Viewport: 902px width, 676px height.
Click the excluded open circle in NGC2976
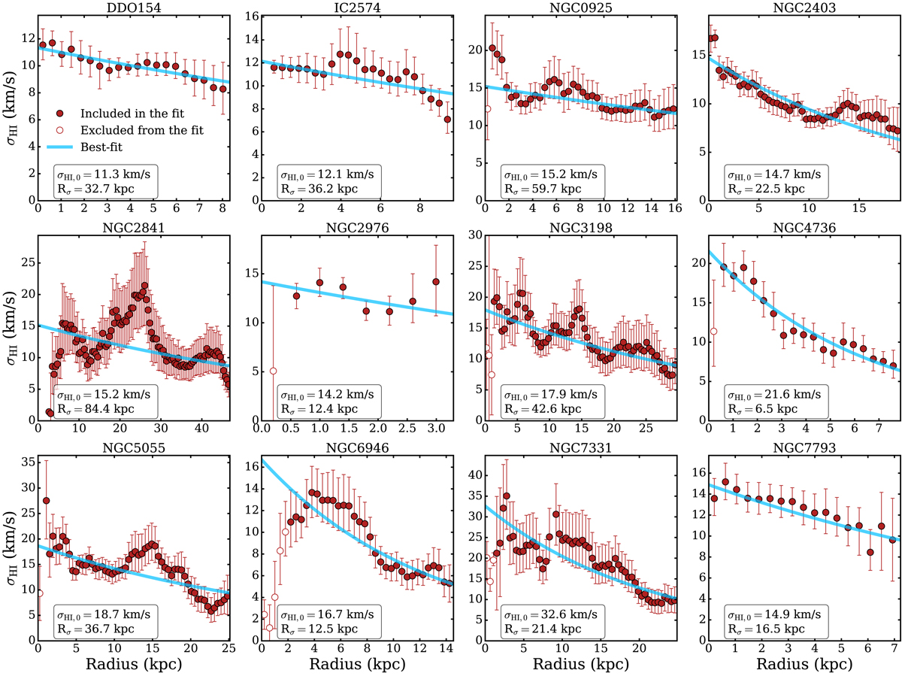click(x=274, y=371)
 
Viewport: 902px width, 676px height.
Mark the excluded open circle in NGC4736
click(x=713, y=331)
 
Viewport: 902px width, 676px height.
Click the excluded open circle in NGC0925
click(x=487, y=108)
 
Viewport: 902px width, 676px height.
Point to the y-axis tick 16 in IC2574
click(x=251, y=17)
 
